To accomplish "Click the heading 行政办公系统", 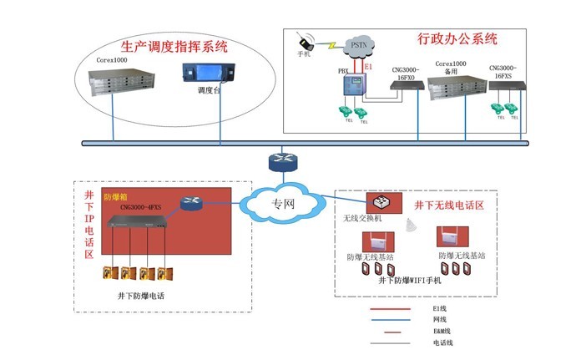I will tap(457, 38).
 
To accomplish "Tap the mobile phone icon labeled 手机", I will tap(305, 41).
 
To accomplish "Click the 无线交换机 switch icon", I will tap(379, 201).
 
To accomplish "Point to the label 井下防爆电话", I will tap(141, 296).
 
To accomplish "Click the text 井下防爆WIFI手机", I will tap(409, 281).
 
